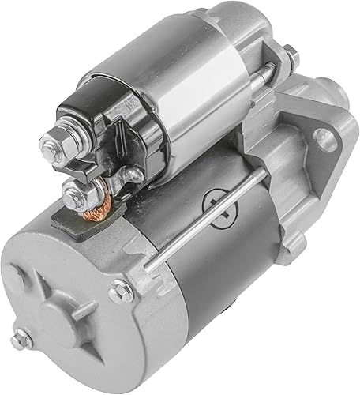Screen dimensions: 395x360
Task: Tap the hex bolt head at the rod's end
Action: (x=121, y=290)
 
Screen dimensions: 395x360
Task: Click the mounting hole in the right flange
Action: (x=324, y=140)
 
